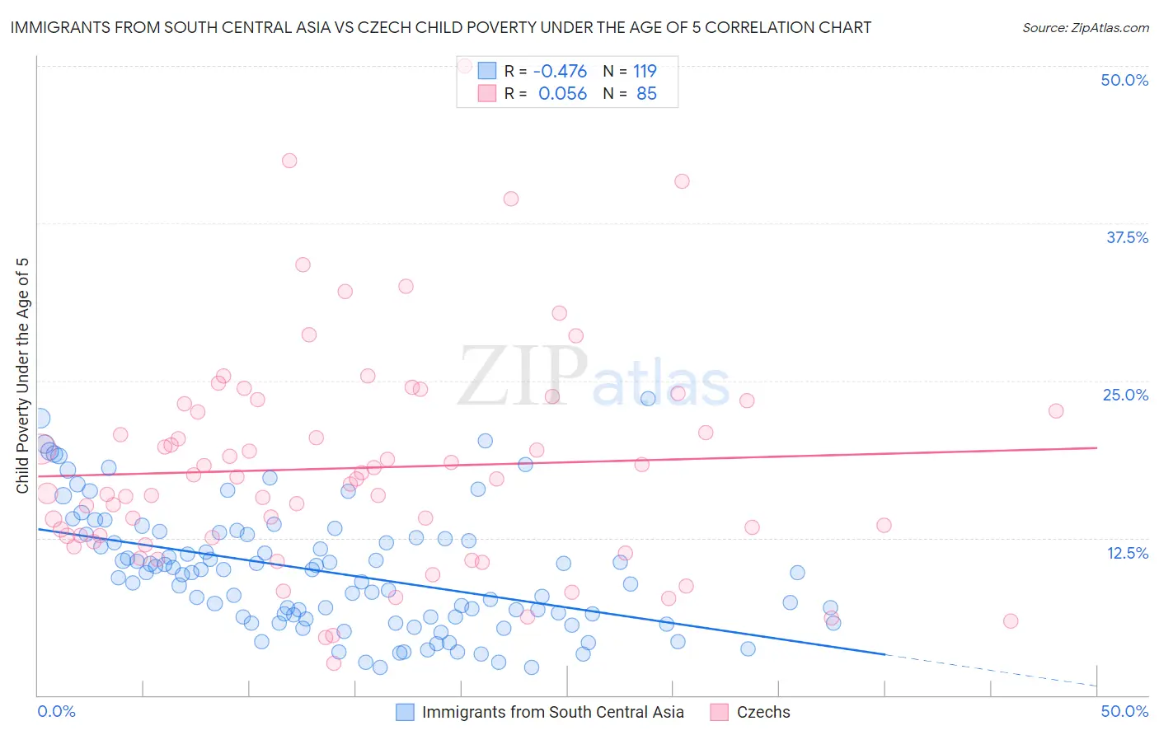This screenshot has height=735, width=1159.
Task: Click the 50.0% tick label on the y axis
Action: click(1124, 80)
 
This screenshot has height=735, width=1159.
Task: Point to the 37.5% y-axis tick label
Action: click(1127, 237)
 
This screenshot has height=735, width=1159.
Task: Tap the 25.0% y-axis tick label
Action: click(1125, 395)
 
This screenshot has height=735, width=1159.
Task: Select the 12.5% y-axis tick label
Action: click(1127, 553)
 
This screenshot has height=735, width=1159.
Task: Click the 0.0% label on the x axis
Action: click(57, 711)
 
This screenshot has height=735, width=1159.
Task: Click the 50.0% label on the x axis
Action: click(1124, 711)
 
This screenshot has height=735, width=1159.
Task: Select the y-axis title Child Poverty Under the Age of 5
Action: click(22, 376)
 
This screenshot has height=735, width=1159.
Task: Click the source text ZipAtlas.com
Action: click(1085, 28)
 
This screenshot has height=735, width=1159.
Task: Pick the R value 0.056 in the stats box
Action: click(562, 94)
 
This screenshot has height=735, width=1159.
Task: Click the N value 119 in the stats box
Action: click(645, 72)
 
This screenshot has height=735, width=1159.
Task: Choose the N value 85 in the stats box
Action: click(646, 94)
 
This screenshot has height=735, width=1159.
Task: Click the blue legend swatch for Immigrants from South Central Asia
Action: click(405, 712)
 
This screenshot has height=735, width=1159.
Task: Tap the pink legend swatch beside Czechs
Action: click(720, 712)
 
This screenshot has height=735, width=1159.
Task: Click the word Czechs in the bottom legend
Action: click(763, 712)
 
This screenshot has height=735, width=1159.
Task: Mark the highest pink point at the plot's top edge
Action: click(464, 65)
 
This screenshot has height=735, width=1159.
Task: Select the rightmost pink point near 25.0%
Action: click(1055, 410)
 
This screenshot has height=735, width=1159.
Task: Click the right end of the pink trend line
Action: click(1097, 447)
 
